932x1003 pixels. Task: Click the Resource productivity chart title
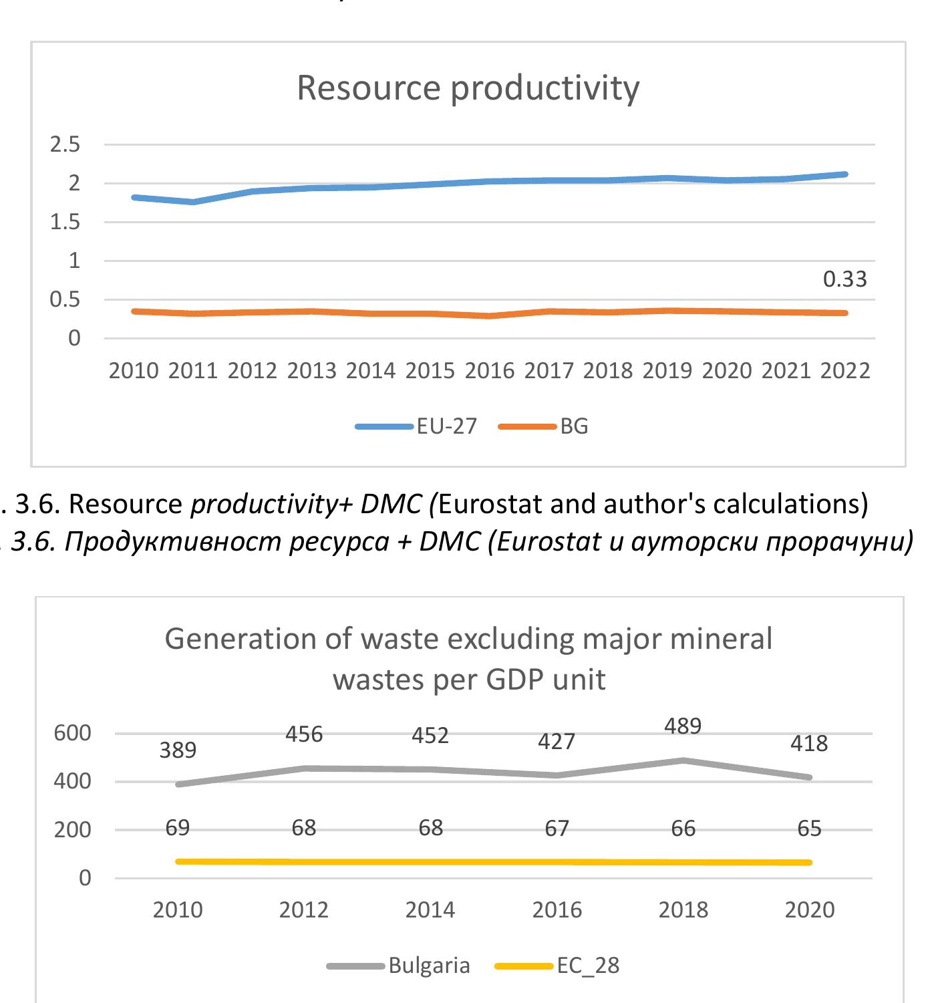tap(468, 88)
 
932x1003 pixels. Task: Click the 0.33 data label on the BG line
tap(844, 279)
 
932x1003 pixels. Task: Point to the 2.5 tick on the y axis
tap(65, 144)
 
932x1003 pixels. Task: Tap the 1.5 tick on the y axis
tap(65, 222)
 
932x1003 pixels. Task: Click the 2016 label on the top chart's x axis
tap(490, 371)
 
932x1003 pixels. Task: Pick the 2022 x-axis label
tap(845, 371)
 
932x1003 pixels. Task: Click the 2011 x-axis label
tap(193, 371)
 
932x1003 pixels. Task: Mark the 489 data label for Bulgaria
tap(683, 726)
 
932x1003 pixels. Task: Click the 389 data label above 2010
tap(178, 750)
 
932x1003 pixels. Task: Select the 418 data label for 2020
tap(809, 743)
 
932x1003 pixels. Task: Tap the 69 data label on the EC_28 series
tap(178, 829)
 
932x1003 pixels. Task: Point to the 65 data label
tap(809, 829)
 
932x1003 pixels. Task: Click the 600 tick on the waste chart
tap(72, 733)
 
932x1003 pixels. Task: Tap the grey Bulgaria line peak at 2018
tap(683, 760)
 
